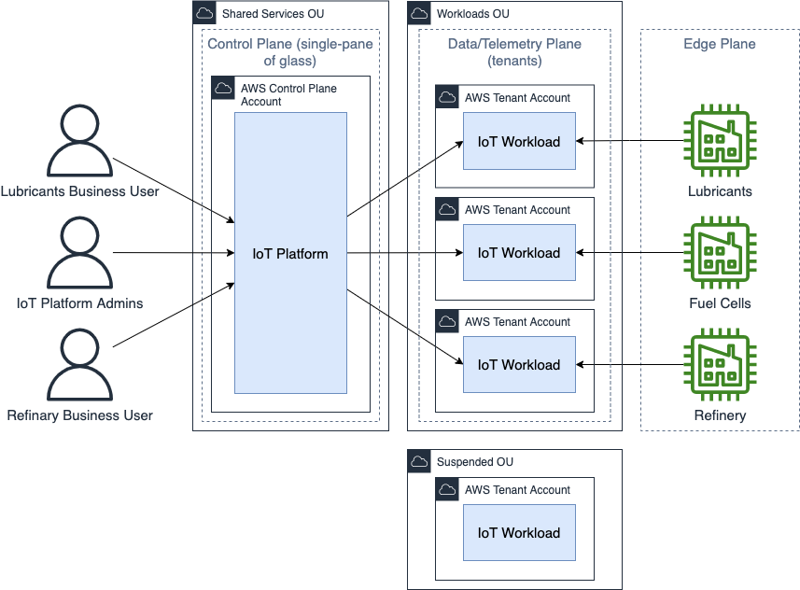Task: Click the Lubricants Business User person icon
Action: (79, 141)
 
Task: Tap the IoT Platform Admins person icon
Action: (79, 253)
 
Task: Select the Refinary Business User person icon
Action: (79, 365)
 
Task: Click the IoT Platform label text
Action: (290, 253)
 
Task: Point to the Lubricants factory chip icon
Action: (720, 141)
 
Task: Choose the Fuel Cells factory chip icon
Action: (720, 253)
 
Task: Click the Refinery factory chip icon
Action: (720, 365)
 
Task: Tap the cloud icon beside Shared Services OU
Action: (204, 14)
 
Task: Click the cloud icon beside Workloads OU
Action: (419, 14)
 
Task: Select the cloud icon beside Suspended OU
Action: (419, 462)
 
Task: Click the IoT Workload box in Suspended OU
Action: (519, 533)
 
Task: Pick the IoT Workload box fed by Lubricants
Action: (519, 141)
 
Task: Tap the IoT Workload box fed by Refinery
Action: (519, 365)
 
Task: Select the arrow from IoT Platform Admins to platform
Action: (173, 253)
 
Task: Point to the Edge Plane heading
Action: (720, 44)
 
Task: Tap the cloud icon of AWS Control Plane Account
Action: (223, 89)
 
